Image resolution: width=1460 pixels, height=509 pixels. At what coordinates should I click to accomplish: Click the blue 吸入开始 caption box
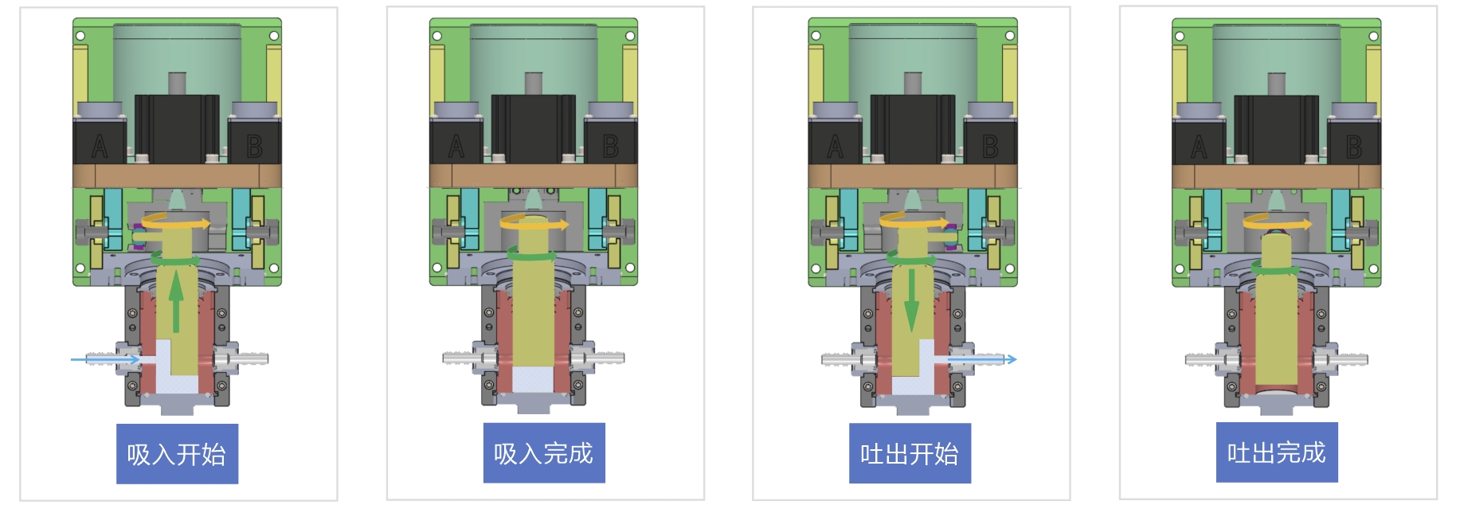click(177, 453)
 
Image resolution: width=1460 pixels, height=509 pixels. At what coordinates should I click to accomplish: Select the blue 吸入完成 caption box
click(544, 452)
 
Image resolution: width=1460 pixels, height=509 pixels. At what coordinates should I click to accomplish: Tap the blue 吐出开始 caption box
click(910, 452)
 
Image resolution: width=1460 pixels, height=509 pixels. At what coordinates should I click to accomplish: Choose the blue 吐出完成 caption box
click(1277, 452)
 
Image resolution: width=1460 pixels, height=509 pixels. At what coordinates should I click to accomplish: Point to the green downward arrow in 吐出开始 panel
click(912, 301)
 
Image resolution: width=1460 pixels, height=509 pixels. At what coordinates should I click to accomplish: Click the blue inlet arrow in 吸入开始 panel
click(106, 360)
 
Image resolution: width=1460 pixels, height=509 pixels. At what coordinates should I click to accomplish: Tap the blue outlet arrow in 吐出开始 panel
click(982, 359)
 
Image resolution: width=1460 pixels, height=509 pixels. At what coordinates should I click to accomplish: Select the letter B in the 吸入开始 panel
click(254, 147)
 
